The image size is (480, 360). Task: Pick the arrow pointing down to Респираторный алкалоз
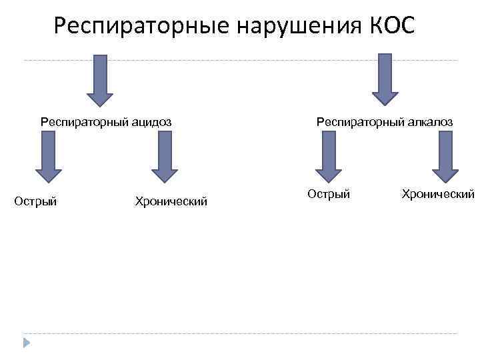click(385, 79)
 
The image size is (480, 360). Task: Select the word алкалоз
click(431, 122)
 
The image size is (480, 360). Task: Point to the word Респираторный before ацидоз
click(81, 122)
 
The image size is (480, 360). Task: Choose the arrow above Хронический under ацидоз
click(165, 157)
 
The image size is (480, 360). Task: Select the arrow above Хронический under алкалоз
click(445, 157)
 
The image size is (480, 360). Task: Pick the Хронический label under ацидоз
click(171, 201)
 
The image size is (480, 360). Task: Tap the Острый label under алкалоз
click(329, 194)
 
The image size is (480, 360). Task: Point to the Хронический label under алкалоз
click(438, 194)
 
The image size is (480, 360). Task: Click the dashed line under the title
click(240, 61)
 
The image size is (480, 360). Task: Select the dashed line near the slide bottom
click(240, 333)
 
